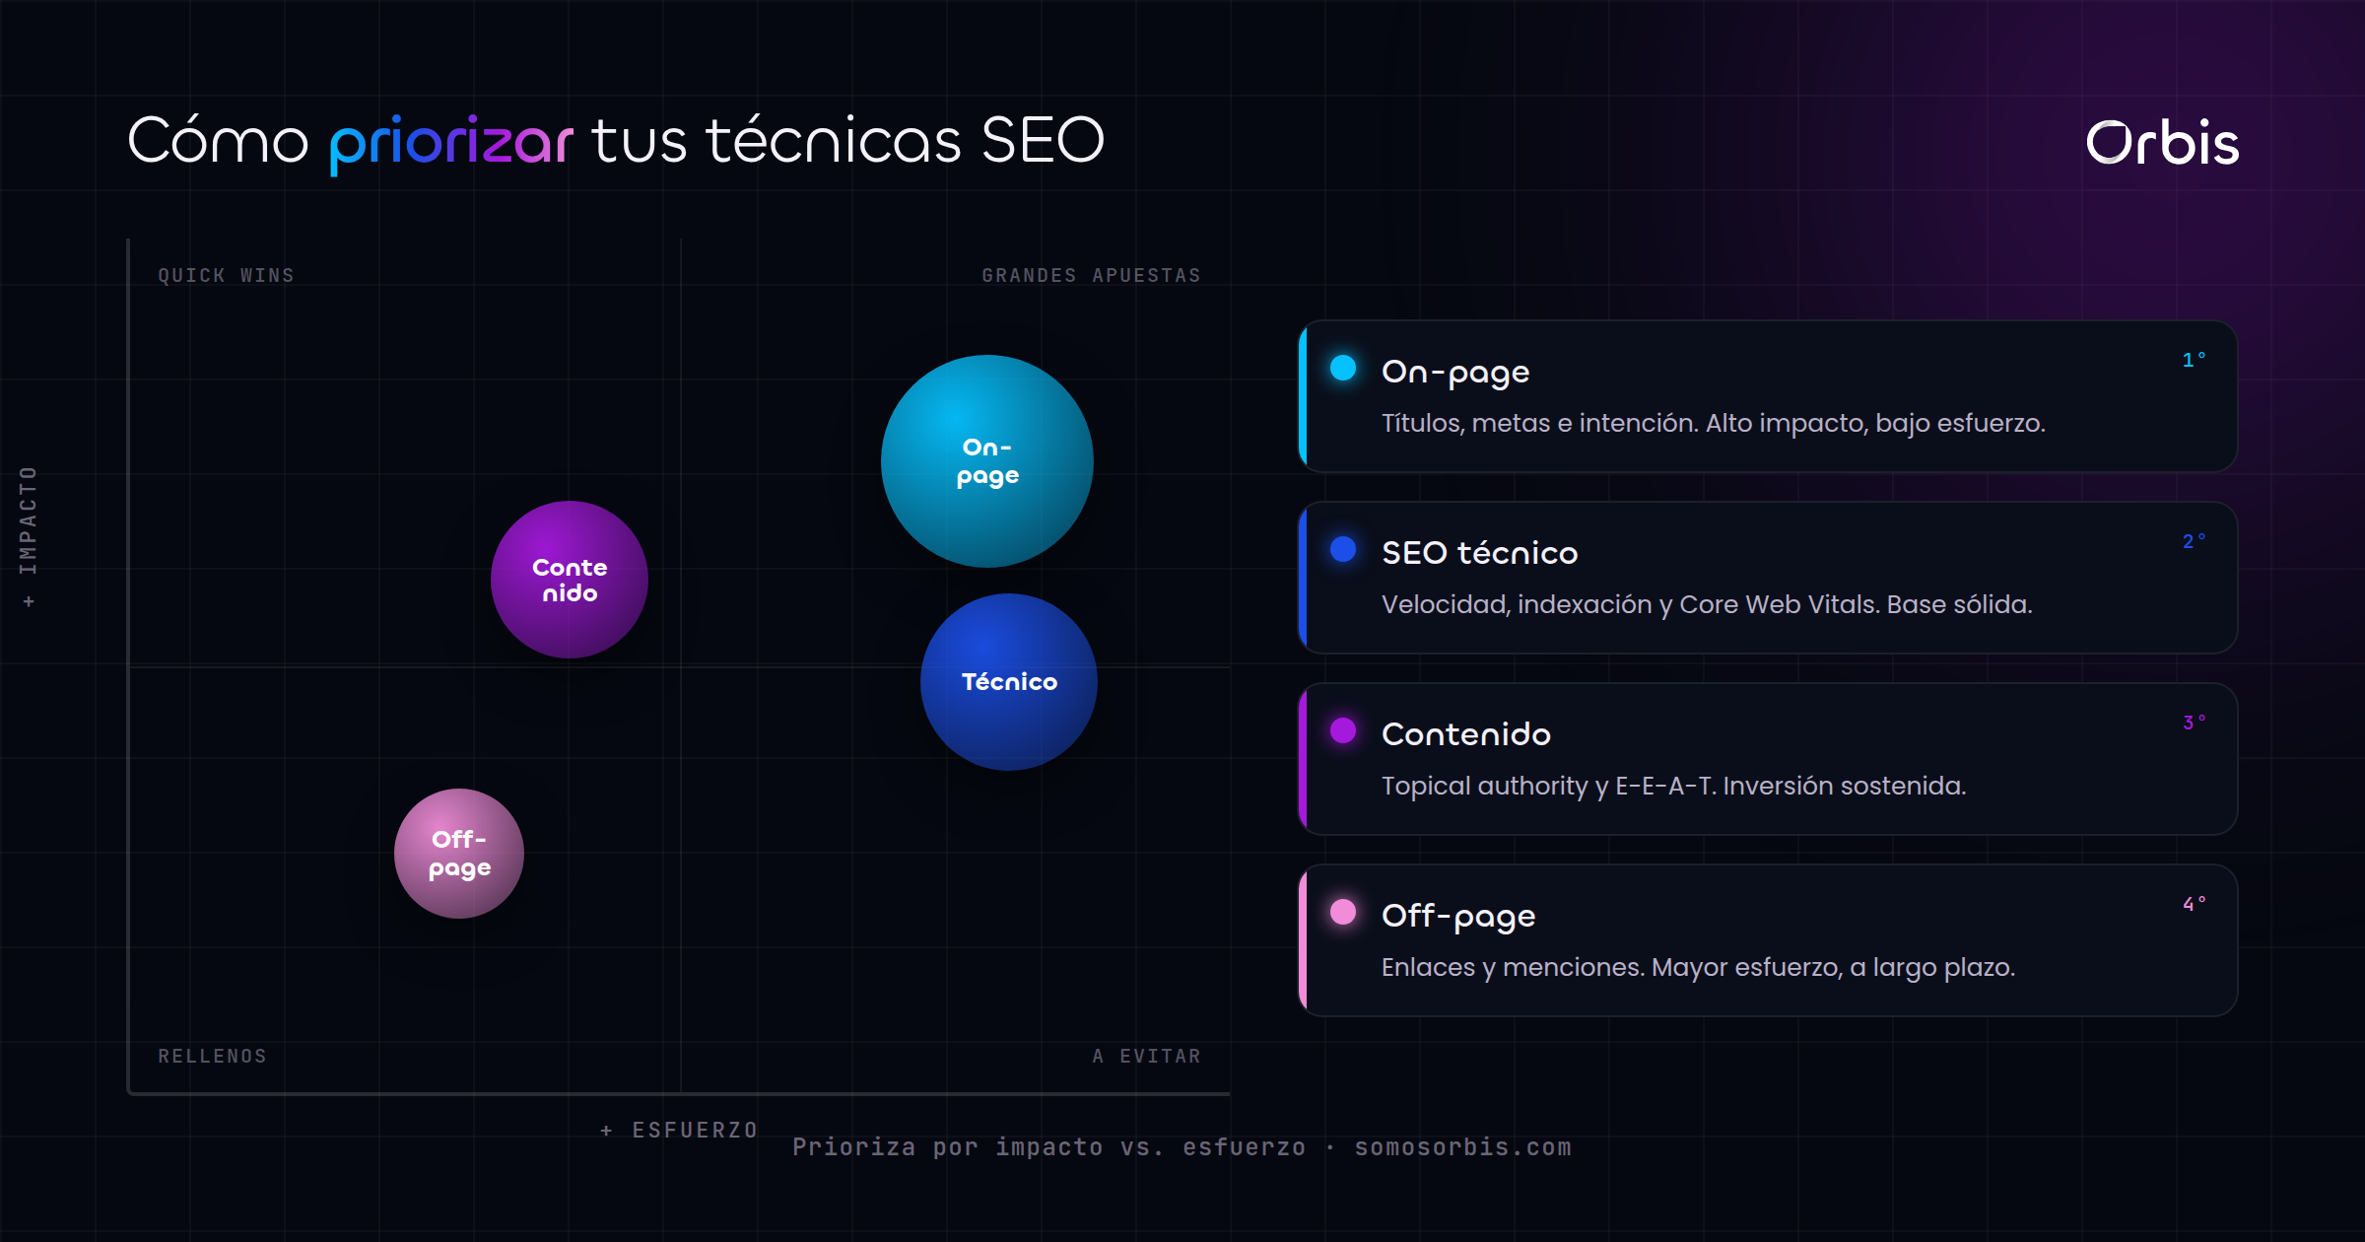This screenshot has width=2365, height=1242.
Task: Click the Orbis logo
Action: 2163,144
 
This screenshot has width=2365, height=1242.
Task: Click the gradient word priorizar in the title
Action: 451,144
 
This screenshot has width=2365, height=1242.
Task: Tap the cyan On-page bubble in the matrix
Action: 987,461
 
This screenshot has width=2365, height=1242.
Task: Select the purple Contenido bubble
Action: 570,580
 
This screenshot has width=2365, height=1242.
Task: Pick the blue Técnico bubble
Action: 1009,682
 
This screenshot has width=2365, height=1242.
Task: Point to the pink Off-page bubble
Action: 459,854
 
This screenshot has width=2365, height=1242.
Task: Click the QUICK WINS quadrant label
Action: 227,276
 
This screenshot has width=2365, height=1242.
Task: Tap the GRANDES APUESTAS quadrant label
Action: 1092,276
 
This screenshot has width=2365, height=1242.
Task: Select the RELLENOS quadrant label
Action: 213,1057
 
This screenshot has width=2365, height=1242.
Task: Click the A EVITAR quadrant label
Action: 1147,1057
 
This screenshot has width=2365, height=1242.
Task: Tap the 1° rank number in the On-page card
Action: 2194,360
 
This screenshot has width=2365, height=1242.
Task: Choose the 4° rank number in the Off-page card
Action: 2194,904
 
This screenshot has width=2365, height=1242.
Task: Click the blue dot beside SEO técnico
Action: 1343,549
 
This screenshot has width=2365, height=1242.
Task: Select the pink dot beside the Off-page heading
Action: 1343,912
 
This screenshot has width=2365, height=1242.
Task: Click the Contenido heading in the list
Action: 1466,734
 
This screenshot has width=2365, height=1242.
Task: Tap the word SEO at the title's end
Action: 1043,140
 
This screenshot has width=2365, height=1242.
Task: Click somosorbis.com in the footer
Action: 1463,1147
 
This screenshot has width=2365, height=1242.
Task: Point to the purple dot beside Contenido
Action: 1343,730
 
